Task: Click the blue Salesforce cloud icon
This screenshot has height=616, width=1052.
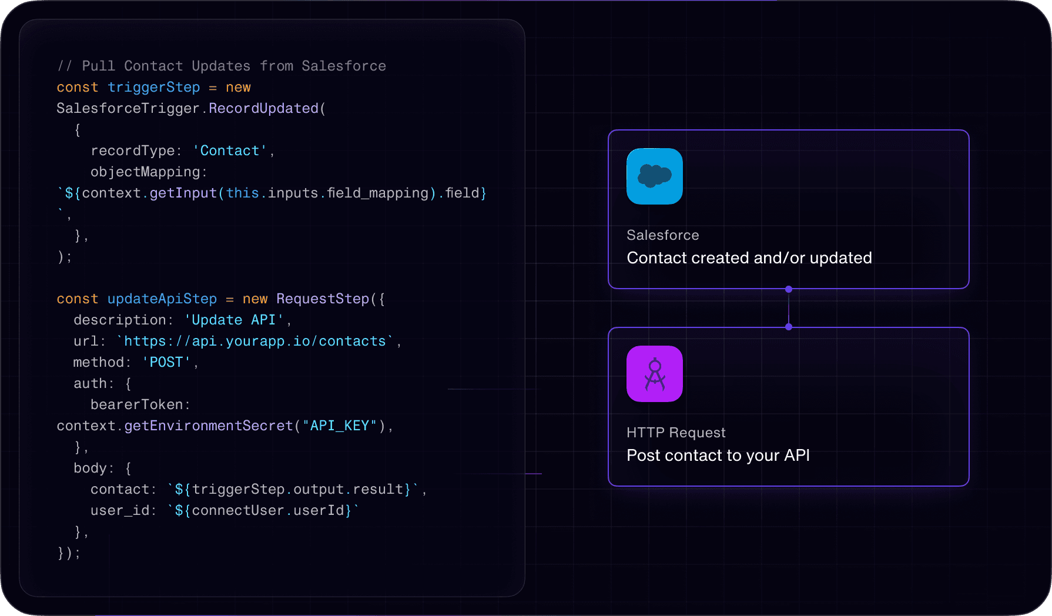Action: pos(654,176)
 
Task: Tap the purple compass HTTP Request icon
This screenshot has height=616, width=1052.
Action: pos(654,374)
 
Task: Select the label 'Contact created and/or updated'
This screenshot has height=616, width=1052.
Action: pos(749,258)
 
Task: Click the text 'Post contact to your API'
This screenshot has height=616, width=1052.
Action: pos(718,456)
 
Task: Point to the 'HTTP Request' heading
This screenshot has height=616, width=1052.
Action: pos(676,433)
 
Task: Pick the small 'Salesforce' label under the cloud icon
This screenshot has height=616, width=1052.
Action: pos(662,235)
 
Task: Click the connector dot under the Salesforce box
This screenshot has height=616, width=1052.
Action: pos(789,289)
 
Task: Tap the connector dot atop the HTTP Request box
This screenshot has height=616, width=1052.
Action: pos(789,327)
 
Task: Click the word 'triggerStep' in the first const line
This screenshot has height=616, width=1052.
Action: pos(153,88)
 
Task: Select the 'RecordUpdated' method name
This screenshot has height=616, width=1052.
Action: pos(263,109)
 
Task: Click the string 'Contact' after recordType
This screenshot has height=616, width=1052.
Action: pos(230,151)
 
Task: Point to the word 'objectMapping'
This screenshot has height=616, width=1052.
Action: pos(145,172)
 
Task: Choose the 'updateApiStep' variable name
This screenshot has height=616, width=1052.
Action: pos(162,299)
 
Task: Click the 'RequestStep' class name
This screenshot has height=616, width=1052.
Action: pos(323,299)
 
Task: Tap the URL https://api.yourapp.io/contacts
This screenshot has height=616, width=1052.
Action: pos(254,342)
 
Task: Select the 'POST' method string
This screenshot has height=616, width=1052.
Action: pos(166,363)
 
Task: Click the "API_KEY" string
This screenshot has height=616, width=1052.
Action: pos(339,426)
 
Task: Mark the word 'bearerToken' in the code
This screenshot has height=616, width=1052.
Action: pos(137,405)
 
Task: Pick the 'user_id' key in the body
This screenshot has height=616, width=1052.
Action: pos(120,511)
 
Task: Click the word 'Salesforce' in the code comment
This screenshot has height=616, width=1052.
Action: pos(344,66)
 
